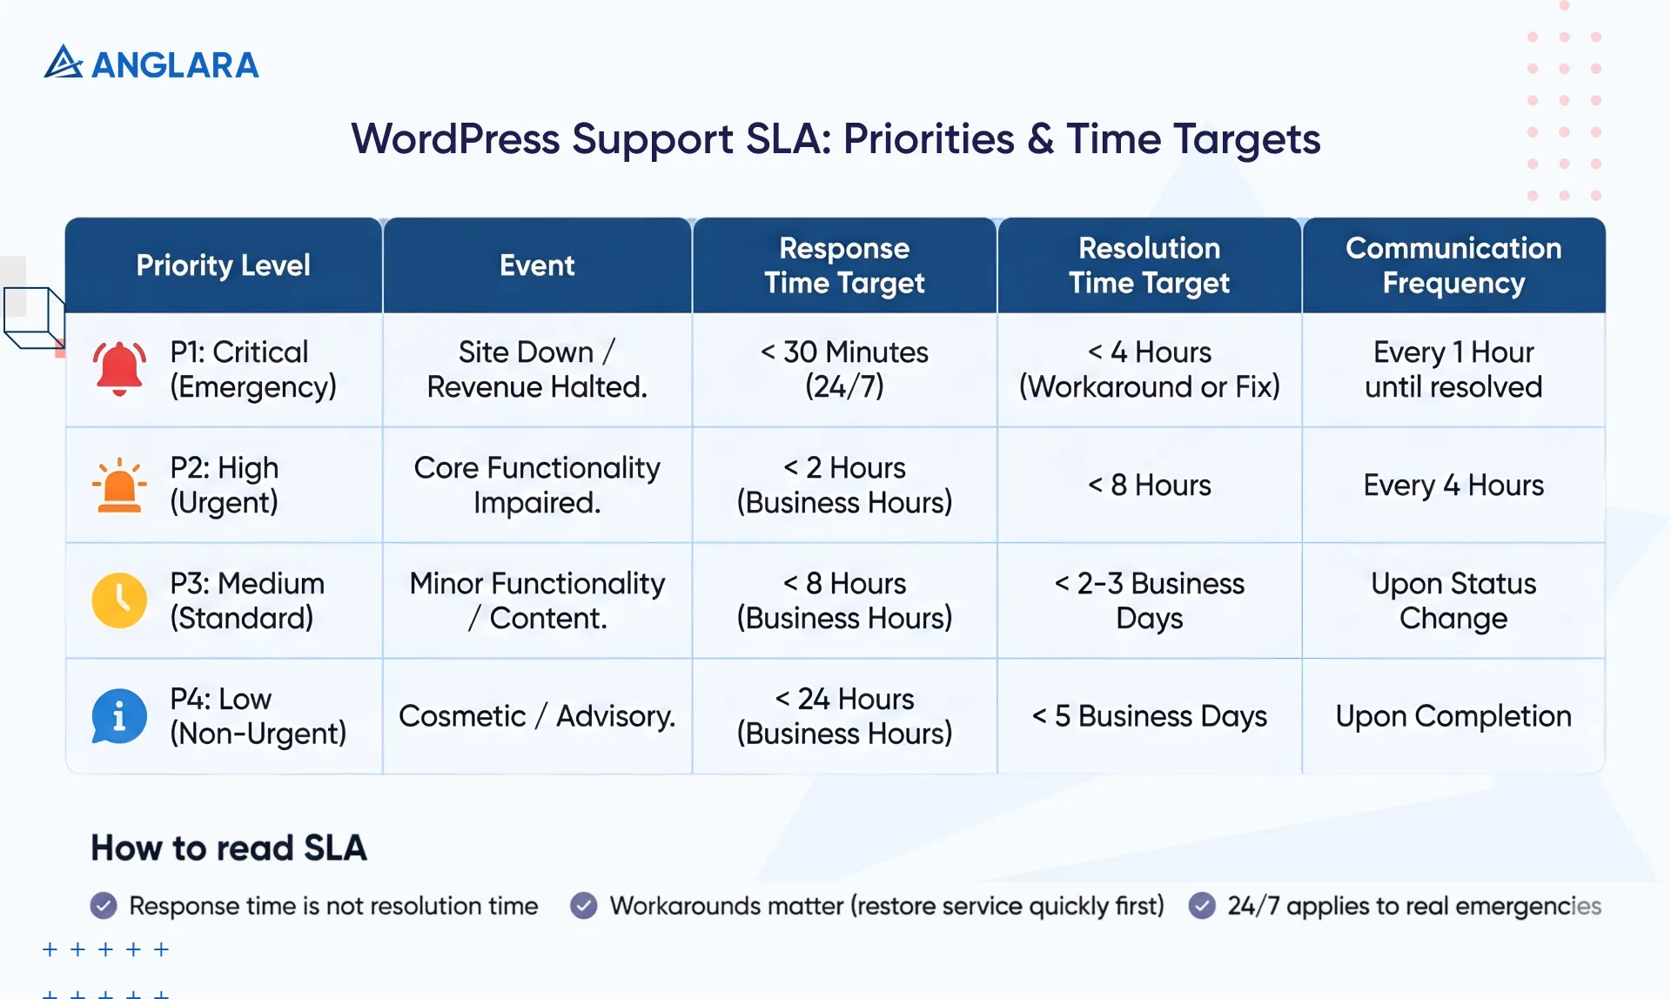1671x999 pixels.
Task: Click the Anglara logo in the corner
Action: click(x=151, y=64)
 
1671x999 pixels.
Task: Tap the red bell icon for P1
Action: click(x=119, y=369)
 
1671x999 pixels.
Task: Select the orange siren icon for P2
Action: click(x=119, y=485)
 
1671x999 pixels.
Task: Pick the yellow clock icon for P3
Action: click(x=119, y=600)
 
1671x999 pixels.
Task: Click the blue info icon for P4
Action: click(x=119, y=716)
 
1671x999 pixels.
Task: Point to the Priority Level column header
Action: click(x=223, y=265)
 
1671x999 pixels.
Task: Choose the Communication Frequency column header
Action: click(x=1453, y=265)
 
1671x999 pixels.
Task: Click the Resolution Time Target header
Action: click(x=1149, y=265)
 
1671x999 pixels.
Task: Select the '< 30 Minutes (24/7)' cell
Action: click(x=844, y=369)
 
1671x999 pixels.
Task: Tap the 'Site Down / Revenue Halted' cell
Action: click(x=537, y=369)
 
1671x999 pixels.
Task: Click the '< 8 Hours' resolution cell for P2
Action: click(x=1149, y=485)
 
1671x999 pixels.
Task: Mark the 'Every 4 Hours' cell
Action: click(x=1453, y=485)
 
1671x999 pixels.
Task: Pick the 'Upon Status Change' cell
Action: click(x=1453, y=600)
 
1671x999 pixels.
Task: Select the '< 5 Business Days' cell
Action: click(x=1149, y=716)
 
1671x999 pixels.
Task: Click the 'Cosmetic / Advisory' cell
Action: click(x=537, y=716)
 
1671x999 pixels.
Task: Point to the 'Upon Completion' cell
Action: click(x=1453, y=716)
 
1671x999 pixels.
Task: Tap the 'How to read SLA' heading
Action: click(x=229, y=848)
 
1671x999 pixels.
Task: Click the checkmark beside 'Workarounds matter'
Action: click(x=583, y=906)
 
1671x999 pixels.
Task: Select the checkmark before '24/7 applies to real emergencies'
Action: click(x=1202, y=906)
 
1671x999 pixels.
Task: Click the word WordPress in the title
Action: click(x=455, y=139)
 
